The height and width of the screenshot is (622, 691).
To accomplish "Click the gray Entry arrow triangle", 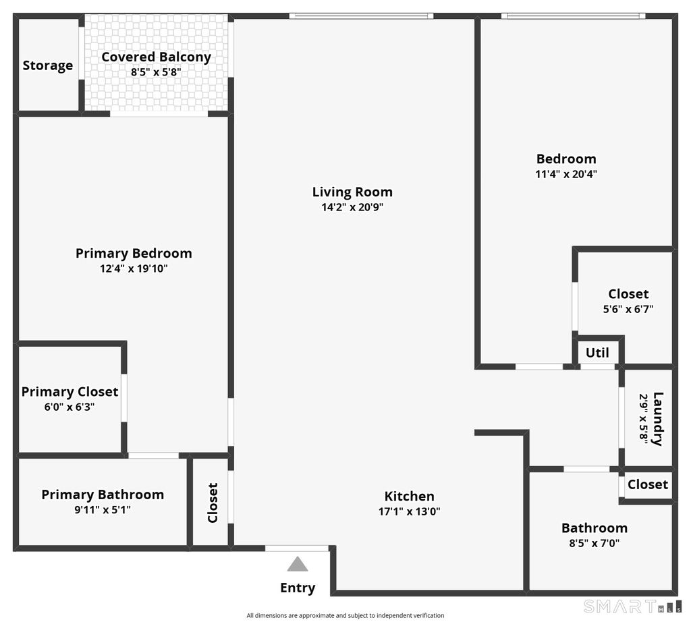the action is coord(298,564).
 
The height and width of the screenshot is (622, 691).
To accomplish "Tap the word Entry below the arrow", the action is coord(298,588).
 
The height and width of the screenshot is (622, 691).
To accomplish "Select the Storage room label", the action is coord(48,65).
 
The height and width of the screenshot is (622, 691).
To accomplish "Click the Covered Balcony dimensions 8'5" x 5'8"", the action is coord(156,72).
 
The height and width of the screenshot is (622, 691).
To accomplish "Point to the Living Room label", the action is coord(352,192).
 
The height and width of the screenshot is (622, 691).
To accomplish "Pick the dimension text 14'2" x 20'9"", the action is coord(352,207).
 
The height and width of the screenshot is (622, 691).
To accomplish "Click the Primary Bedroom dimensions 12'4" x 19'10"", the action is coord(134,268).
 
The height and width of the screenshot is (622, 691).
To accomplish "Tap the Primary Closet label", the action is coord(70,391).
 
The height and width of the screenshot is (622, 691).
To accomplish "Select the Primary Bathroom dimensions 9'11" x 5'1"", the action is coord(103,509).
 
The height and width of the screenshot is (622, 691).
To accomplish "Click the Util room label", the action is coord(597,353).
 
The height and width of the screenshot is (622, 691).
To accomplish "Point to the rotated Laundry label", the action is coord(657,419).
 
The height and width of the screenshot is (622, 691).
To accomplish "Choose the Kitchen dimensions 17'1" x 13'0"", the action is coord(410,511).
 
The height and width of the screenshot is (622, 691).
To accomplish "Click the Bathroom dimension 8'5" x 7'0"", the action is coord(595,543).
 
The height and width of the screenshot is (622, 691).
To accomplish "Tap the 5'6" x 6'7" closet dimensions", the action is coord(628,309).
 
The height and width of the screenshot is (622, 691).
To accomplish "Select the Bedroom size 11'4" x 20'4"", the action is coord(566,174).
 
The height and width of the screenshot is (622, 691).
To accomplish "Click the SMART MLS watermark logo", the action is coord(632,606).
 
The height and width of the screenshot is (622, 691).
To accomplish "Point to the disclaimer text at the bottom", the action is coord(345,615).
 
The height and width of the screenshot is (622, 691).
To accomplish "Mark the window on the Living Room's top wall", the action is coord(362,16).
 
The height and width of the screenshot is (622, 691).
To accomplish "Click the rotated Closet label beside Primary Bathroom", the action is coord(213,503).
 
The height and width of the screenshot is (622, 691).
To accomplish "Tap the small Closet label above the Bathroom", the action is coord(648,484).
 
